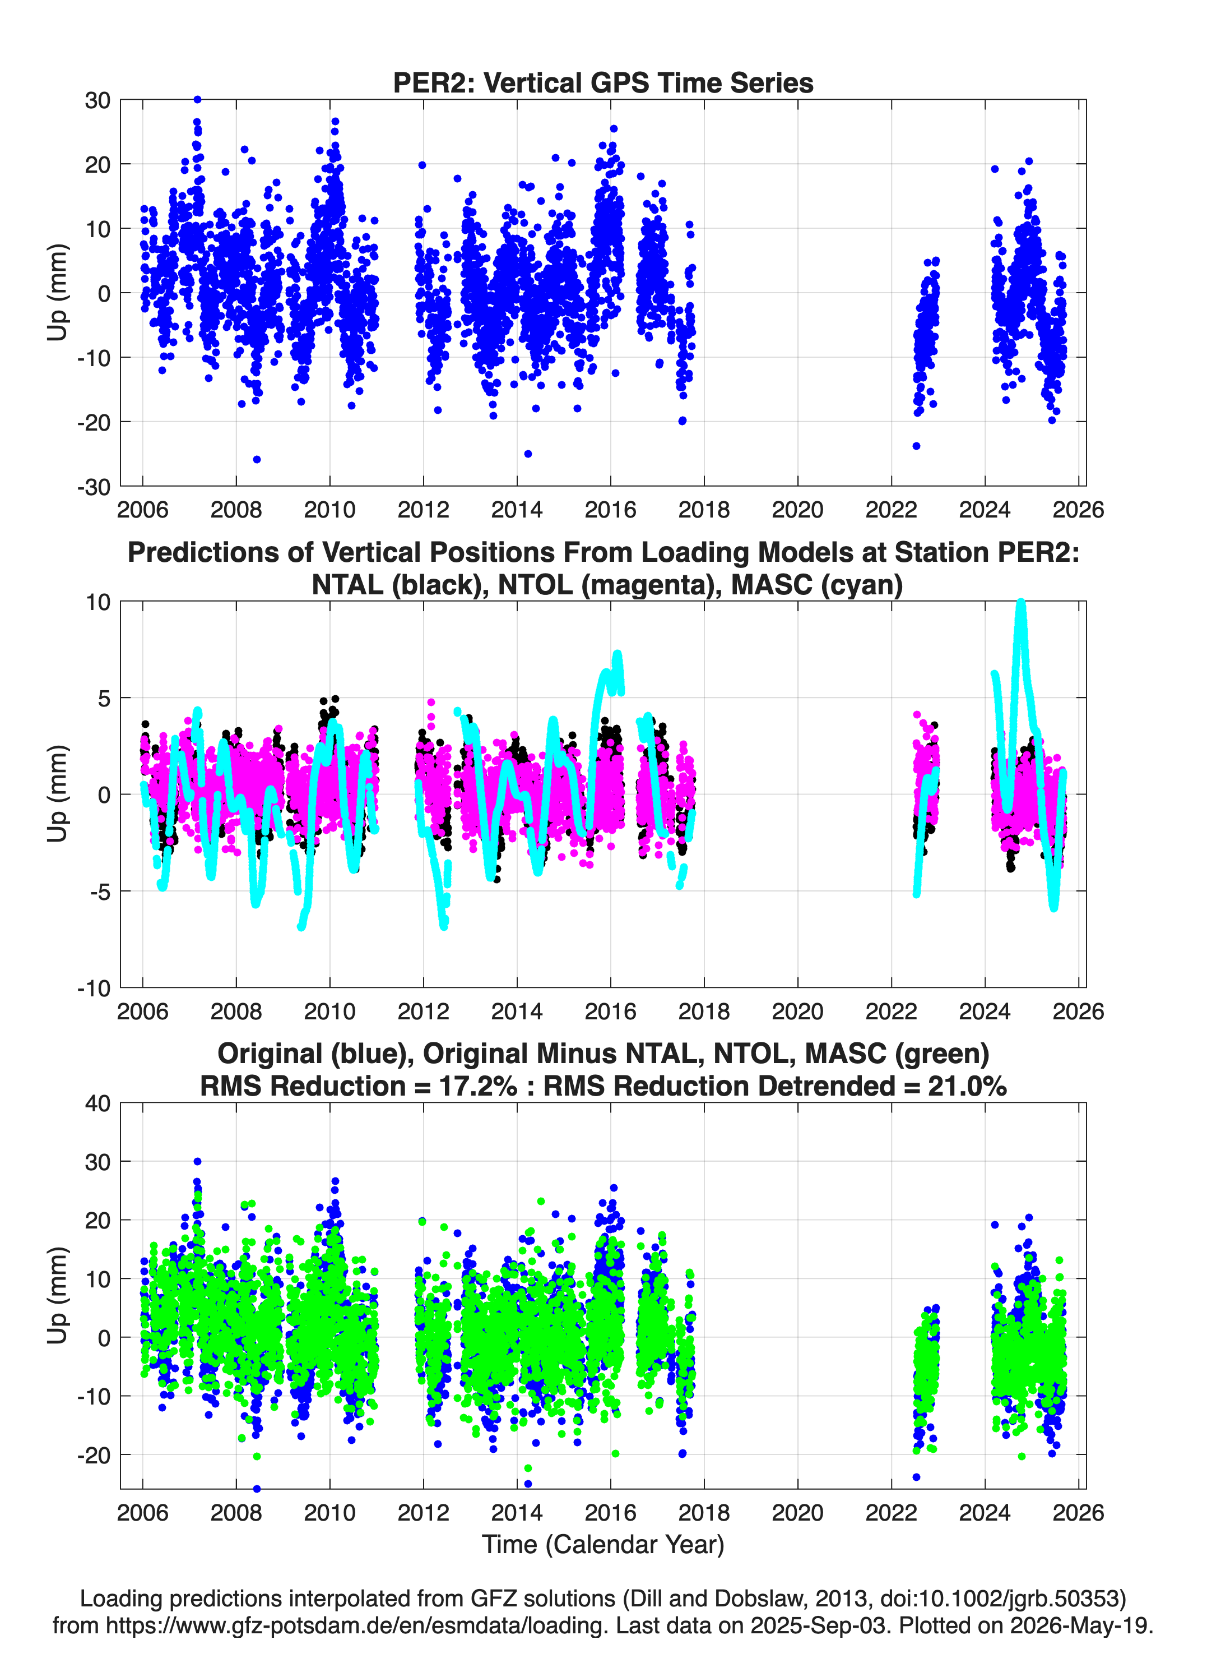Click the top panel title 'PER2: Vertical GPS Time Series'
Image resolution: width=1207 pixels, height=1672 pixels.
point(603,82)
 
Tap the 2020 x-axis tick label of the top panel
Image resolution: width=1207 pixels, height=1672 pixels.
point(797,510)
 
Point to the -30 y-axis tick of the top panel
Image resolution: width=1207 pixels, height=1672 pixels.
point(94,487)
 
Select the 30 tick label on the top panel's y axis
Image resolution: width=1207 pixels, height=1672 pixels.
point(98,100)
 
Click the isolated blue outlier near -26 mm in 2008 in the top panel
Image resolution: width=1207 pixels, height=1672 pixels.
point(257,459)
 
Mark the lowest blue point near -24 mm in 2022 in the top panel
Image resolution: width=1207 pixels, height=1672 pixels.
point(916,446)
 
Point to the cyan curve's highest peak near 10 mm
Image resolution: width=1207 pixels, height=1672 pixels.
point(1020,604)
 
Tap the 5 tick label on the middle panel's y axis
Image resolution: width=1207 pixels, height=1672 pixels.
point(104,698)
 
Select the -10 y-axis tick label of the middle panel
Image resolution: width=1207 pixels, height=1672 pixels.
point(94,988)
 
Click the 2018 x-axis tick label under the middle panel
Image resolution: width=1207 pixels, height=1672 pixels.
point(704,1011)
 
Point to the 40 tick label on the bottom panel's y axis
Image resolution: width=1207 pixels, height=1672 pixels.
point(98,1103)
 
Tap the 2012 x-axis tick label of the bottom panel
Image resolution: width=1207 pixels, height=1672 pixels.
point(423,1512)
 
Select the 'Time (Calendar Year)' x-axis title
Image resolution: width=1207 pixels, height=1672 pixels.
point(603,1545)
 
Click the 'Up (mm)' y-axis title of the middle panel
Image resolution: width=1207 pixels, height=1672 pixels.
point(58,794)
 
